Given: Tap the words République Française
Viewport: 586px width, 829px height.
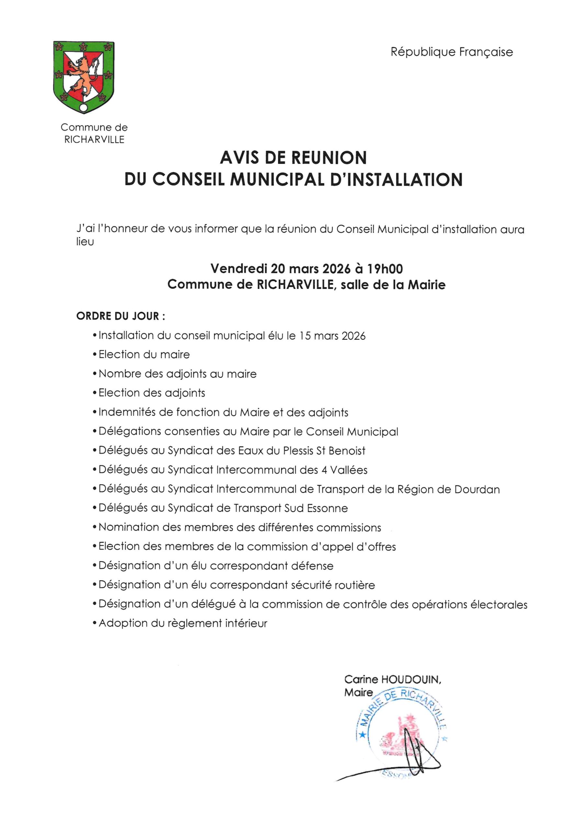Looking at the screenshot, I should point(451,52).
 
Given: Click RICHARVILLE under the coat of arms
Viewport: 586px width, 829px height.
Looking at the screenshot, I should point(94,140).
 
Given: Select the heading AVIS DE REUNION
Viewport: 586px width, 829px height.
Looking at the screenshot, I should point(293,158).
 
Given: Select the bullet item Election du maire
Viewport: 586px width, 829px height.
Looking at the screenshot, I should point(144,355).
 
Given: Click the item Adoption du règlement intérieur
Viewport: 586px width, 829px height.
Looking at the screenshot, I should point(183,624).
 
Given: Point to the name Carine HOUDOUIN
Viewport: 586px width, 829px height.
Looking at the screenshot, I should point(392,679).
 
